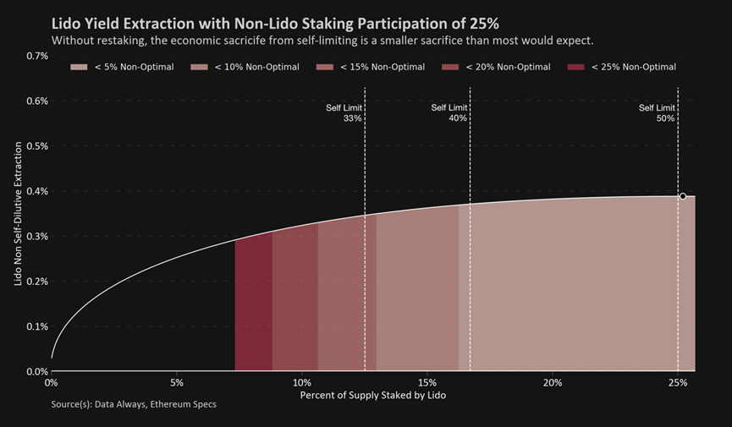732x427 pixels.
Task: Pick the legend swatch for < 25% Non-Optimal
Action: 577,67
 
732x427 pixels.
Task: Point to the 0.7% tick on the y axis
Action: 36,56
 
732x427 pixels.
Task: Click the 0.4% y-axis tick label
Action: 36,191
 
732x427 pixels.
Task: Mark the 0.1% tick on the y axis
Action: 36,326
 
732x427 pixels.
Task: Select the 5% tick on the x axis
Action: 176,382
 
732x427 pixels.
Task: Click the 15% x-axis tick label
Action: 427,382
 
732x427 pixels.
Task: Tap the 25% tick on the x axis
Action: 678,382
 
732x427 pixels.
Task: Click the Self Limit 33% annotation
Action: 347,113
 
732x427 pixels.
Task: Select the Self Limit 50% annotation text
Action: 659,113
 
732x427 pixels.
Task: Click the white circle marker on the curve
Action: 683,196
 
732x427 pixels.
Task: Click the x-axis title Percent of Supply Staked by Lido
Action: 372,396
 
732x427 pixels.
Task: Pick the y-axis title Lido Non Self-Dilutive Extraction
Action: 18,213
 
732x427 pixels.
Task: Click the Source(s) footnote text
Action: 133,404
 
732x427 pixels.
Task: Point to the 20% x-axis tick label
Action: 553,382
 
